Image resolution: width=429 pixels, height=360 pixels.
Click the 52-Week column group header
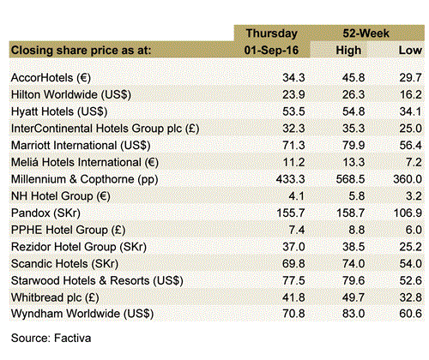click(x=366, y=33)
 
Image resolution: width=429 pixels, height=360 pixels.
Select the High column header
click(x=348, y=51)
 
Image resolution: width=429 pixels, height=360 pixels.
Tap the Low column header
click(x=410, y=51)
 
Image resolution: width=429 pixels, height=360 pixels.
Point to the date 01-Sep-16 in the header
click(x=271, y=51)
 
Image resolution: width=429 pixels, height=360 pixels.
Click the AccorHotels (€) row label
click(x=51, y=78)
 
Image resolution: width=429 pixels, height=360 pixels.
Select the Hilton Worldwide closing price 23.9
click(x=293, y=94)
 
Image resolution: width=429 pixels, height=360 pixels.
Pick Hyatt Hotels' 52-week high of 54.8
click(x=353, y=111)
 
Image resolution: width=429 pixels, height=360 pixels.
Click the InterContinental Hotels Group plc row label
click(x=105, y=129)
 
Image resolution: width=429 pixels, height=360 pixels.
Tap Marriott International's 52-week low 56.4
click(x=410, y=146)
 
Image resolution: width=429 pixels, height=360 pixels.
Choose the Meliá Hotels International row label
click(x=85, y=162)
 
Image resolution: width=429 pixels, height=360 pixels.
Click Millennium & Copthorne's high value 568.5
click(x=350, y=179)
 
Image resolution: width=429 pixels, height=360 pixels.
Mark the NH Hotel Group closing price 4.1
click(x=297, y=196)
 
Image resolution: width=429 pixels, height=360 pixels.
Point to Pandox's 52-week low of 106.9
click(x=408, y=213)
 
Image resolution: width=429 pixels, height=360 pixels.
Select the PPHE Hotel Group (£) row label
click(x=68, y=230)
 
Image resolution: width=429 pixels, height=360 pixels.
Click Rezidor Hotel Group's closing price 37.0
click(x=293, y=247)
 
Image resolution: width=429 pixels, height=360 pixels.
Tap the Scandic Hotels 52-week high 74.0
click(x=353, y=263)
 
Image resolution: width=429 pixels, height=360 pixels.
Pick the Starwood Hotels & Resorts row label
click(x=97, y=280)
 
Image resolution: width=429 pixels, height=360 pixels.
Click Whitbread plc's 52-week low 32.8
click(x=410, y=297)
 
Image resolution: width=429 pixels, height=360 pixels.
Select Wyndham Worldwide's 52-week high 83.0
click(x=353, y=314)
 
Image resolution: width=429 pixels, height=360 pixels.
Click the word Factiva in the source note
click(x=73, y=338)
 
